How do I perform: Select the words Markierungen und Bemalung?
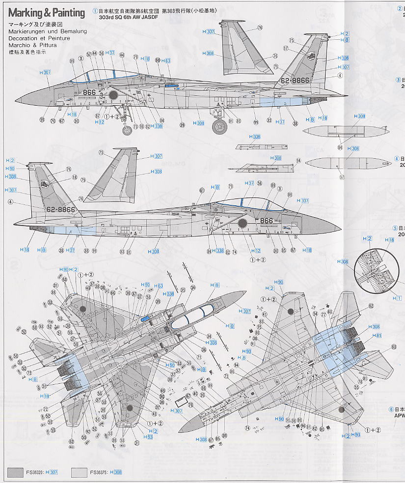(x=48, y=31)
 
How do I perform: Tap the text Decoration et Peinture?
(x=39, y=38)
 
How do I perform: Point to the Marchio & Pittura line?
(x=32, y=45)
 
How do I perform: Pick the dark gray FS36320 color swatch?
(x=15, y=472)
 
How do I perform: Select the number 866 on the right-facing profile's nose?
(x=266, y=221)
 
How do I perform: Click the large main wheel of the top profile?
(x=219, y=127)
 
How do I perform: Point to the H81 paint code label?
(x=377, y=336)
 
